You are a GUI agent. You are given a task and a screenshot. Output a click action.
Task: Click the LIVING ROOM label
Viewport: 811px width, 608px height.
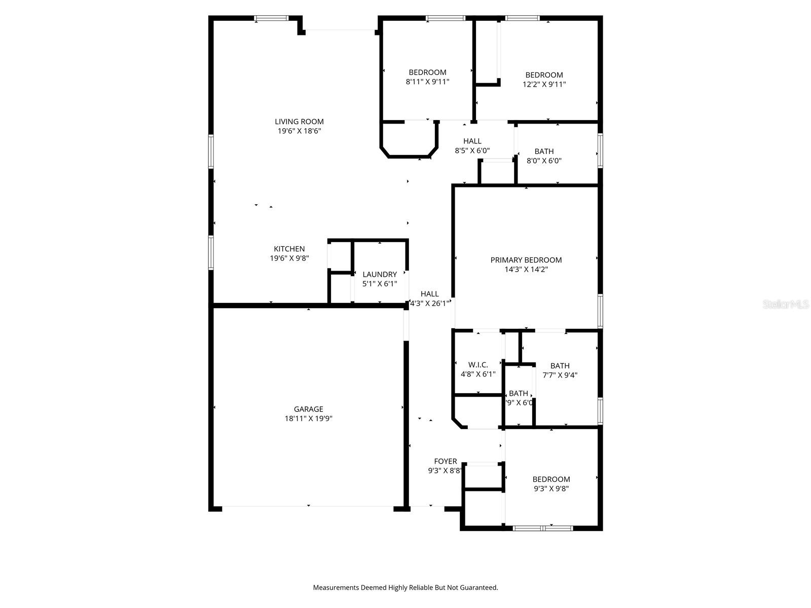coord(299,122)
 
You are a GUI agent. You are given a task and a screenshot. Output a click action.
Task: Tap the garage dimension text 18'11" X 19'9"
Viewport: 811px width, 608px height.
coord(308,419)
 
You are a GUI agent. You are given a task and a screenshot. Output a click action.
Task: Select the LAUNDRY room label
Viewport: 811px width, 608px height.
coord(380,274)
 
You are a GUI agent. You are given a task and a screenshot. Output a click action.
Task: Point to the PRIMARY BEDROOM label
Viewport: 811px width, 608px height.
coord(526,260)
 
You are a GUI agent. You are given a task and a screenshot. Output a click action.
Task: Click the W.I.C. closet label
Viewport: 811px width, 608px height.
coord(478,365)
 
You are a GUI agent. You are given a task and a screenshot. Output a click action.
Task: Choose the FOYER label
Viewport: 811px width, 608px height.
coord(446,461)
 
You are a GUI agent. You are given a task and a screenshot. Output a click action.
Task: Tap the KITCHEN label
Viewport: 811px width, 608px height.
coord(289,249)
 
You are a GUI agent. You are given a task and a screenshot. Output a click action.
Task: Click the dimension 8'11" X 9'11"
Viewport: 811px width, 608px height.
coord(427,82)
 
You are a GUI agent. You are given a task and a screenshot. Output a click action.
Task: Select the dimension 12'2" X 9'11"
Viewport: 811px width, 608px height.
coord(544,85)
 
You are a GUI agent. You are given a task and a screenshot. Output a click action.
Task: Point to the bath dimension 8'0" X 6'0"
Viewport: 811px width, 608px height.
coord(544,161)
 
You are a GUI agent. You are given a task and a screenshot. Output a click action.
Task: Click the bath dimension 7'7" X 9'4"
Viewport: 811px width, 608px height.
coord(560,375)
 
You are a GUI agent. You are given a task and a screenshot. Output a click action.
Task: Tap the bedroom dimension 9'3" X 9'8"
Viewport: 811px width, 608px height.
coord(551,488)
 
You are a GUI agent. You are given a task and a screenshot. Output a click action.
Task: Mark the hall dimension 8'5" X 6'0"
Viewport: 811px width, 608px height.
coord(472,150)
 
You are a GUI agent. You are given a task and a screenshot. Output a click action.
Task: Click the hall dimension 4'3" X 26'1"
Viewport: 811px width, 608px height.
coord(429,303)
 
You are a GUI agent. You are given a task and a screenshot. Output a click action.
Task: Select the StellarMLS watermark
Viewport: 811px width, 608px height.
coord(786,305)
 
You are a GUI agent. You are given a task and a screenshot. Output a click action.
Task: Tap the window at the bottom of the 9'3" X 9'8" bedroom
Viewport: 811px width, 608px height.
coord(542,528)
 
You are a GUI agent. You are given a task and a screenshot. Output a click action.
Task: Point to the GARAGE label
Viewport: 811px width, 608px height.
coord(308,409)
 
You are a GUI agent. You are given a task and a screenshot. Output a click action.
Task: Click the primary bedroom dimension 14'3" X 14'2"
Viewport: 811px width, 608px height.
coord(526,270)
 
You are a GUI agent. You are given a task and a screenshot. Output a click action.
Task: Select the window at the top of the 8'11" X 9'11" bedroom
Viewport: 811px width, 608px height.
coord(446,18)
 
